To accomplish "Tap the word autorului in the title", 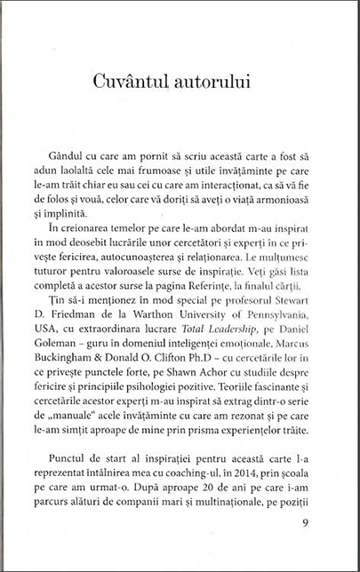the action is coord(213,81).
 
